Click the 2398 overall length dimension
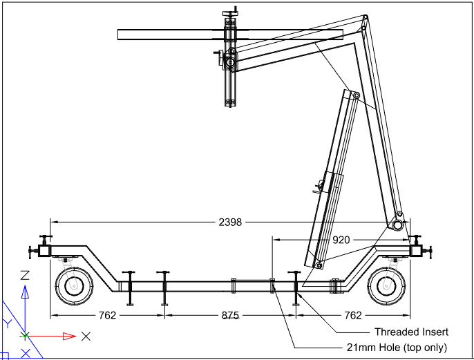click(x=229, y=222)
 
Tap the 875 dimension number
click(x=230, y=316)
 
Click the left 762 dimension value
click(x=108, y=316)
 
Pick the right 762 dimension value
click(x=352, y=316)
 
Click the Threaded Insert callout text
click(x=411, y=332)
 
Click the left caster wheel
click(x=72, y=285)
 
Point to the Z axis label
click(x=25, y=275)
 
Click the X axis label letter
click(x=86, y=337)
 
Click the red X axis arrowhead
click(x=68, y=337)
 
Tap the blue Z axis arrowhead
click(x=25, y=292)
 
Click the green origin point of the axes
click(x=25, y=337)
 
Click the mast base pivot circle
click(x=398, y=225)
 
